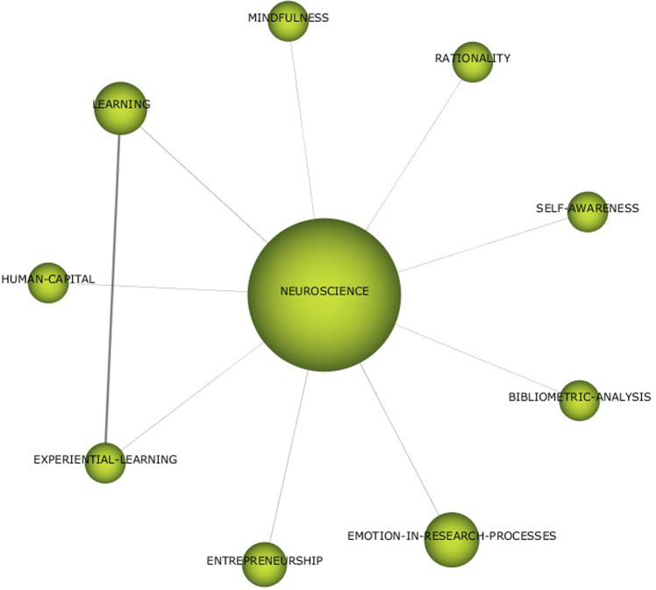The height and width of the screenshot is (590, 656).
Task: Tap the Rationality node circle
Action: coord(473,62)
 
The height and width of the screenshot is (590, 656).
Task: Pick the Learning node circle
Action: coord(119,109)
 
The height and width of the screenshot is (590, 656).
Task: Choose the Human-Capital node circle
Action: coord(48,282)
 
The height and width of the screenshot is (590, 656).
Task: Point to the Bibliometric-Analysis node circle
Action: coord(579,401)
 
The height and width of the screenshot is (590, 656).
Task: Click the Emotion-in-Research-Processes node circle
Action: coord(451,539)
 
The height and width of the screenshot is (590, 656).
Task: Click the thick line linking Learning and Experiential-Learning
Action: coord(112,289)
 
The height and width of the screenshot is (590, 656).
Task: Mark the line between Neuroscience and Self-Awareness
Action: coord(482,244)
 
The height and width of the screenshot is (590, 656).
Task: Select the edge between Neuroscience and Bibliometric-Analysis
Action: coord(478,359)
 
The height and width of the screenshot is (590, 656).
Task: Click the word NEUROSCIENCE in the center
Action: coord(324,291)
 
